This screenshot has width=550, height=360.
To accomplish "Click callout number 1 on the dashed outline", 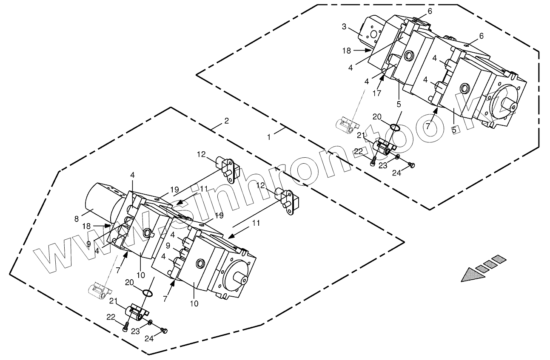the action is [268, 137].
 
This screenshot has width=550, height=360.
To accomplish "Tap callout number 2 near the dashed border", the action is [226, 121].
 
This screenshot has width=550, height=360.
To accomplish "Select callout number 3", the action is [344, 27].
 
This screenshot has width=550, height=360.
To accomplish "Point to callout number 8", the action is [77, 219].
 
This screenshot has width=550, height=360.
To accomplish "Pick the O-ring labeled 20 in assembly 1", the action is [395, 127].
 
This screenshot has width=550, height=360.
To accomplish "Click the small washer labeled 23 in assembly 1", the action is [397, 157].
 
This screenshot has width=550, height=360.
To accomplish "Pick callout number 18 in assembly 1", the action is [347, 51].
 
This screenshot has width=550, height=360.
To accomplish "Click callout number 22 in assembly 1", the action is [359, 151].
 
